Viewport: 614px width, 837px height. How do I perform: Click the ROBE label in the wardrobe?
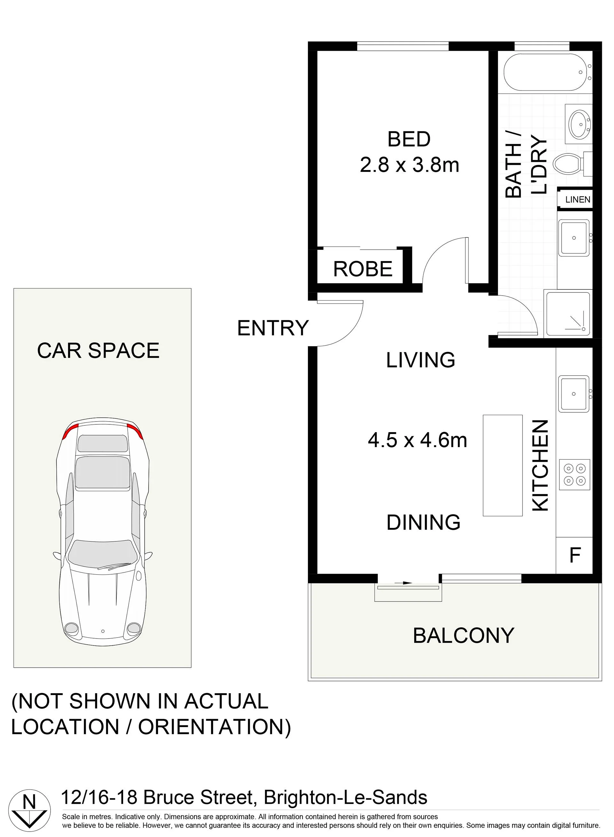pyautogui.click(x=363, y=269)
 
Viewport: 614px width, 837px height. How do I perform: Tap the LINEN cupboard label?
pyautogui.click(x=578, y=199)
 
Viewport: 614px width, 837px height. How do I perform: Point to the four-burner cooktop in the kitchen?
pyautogui.click(x=575, y=475)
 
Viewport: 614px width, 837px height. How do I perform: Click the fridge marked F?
pyautogui.click(x=574, y=555)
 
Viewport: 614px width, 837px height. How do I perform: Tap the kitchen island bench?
pyautogui.click(x=502, y=465)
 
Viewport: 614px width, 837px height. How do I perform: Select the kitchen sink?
pyautogui.click(x=575, y=394)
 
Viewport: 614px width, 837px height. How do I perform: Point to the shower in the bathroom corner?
pyautogui.click(x=567, y=314)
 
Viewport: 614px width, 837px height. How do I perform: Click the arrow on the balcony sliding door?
pyautogui.click(x=403, y=583)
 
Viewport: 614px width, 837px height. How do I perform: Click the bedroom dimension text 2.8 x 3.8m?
pyautogui.click(x=410, y=165)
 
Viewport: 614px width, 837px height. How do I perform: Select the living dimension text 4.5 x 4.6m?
pyautogui.click(x=417, y=440)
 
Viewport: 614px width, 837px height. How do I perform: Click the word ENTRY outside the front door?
pyautogui.click(x=273, y=328)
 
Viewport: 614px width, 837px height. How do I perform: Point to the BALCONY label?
pyautogui.click(x=463, y=635)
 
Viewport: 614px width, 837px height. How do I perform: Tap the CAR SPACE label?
pyautogui.click(x=98, y=351)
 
